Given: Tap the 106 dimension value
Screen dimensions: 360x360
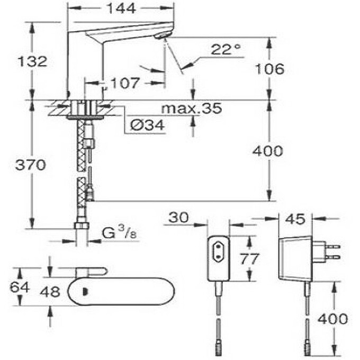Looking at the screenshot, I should click(268, 68).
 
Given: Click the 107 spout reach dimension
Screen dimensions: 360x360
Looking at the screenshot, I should click(125, 83).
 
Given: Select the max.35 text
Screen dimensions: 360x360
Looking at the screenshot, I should click(192, 109).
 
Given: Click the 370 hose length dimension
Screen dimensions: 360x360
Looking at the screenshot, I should click(30, 165).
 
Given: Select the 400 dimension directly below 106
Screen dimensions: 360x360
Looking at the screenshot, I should click(268, 151).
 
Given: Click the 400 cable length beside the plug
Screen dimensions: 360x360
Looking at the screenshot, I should click(333, 319).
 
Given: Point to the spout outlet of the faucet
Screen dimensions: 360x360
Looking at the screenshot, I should click(163, 35).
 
